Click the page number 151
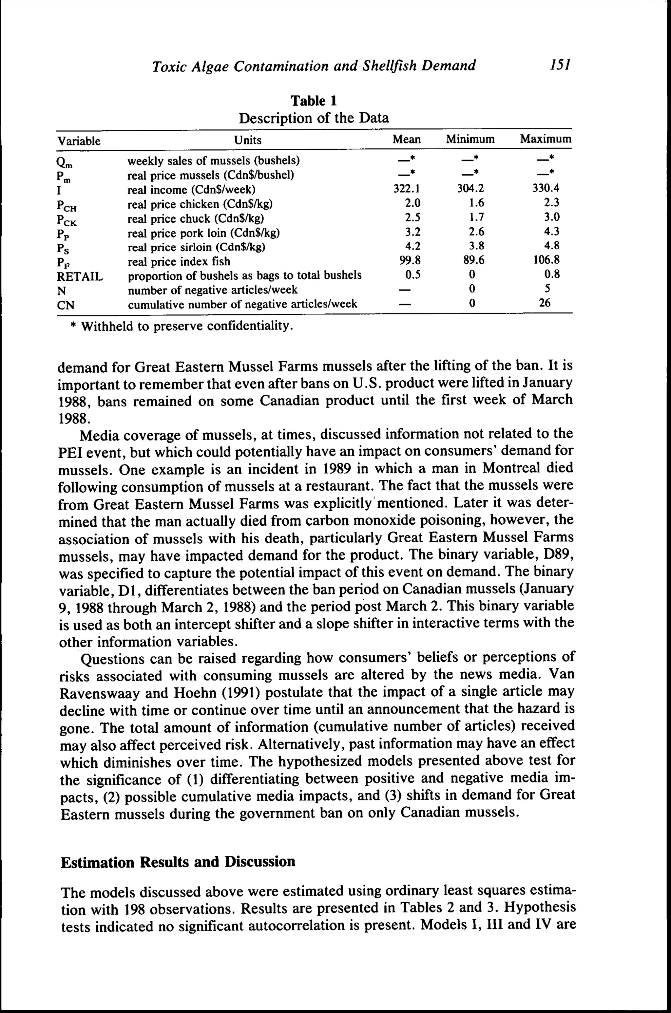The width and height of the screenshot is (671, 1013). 561,65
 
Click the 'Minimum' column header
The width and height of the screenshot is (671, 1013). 470,139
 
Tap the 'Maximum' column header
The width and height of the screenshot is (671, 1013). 545,139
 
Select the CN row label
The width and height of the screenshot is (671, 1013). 66,305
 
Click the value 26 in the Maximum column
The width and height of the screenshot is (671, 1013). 544,303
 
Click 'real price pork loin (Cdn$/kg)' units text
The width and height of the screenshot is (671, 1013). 204,233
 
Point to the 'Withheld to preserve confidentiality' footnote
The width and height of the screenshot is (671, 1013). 182,327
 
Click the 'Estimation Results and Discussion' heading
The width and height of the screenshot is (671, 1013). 178,861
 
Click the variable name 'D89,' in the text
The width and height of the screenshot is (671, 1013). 558,555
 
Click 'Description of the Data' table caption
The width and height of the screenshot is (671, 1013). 314,118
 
